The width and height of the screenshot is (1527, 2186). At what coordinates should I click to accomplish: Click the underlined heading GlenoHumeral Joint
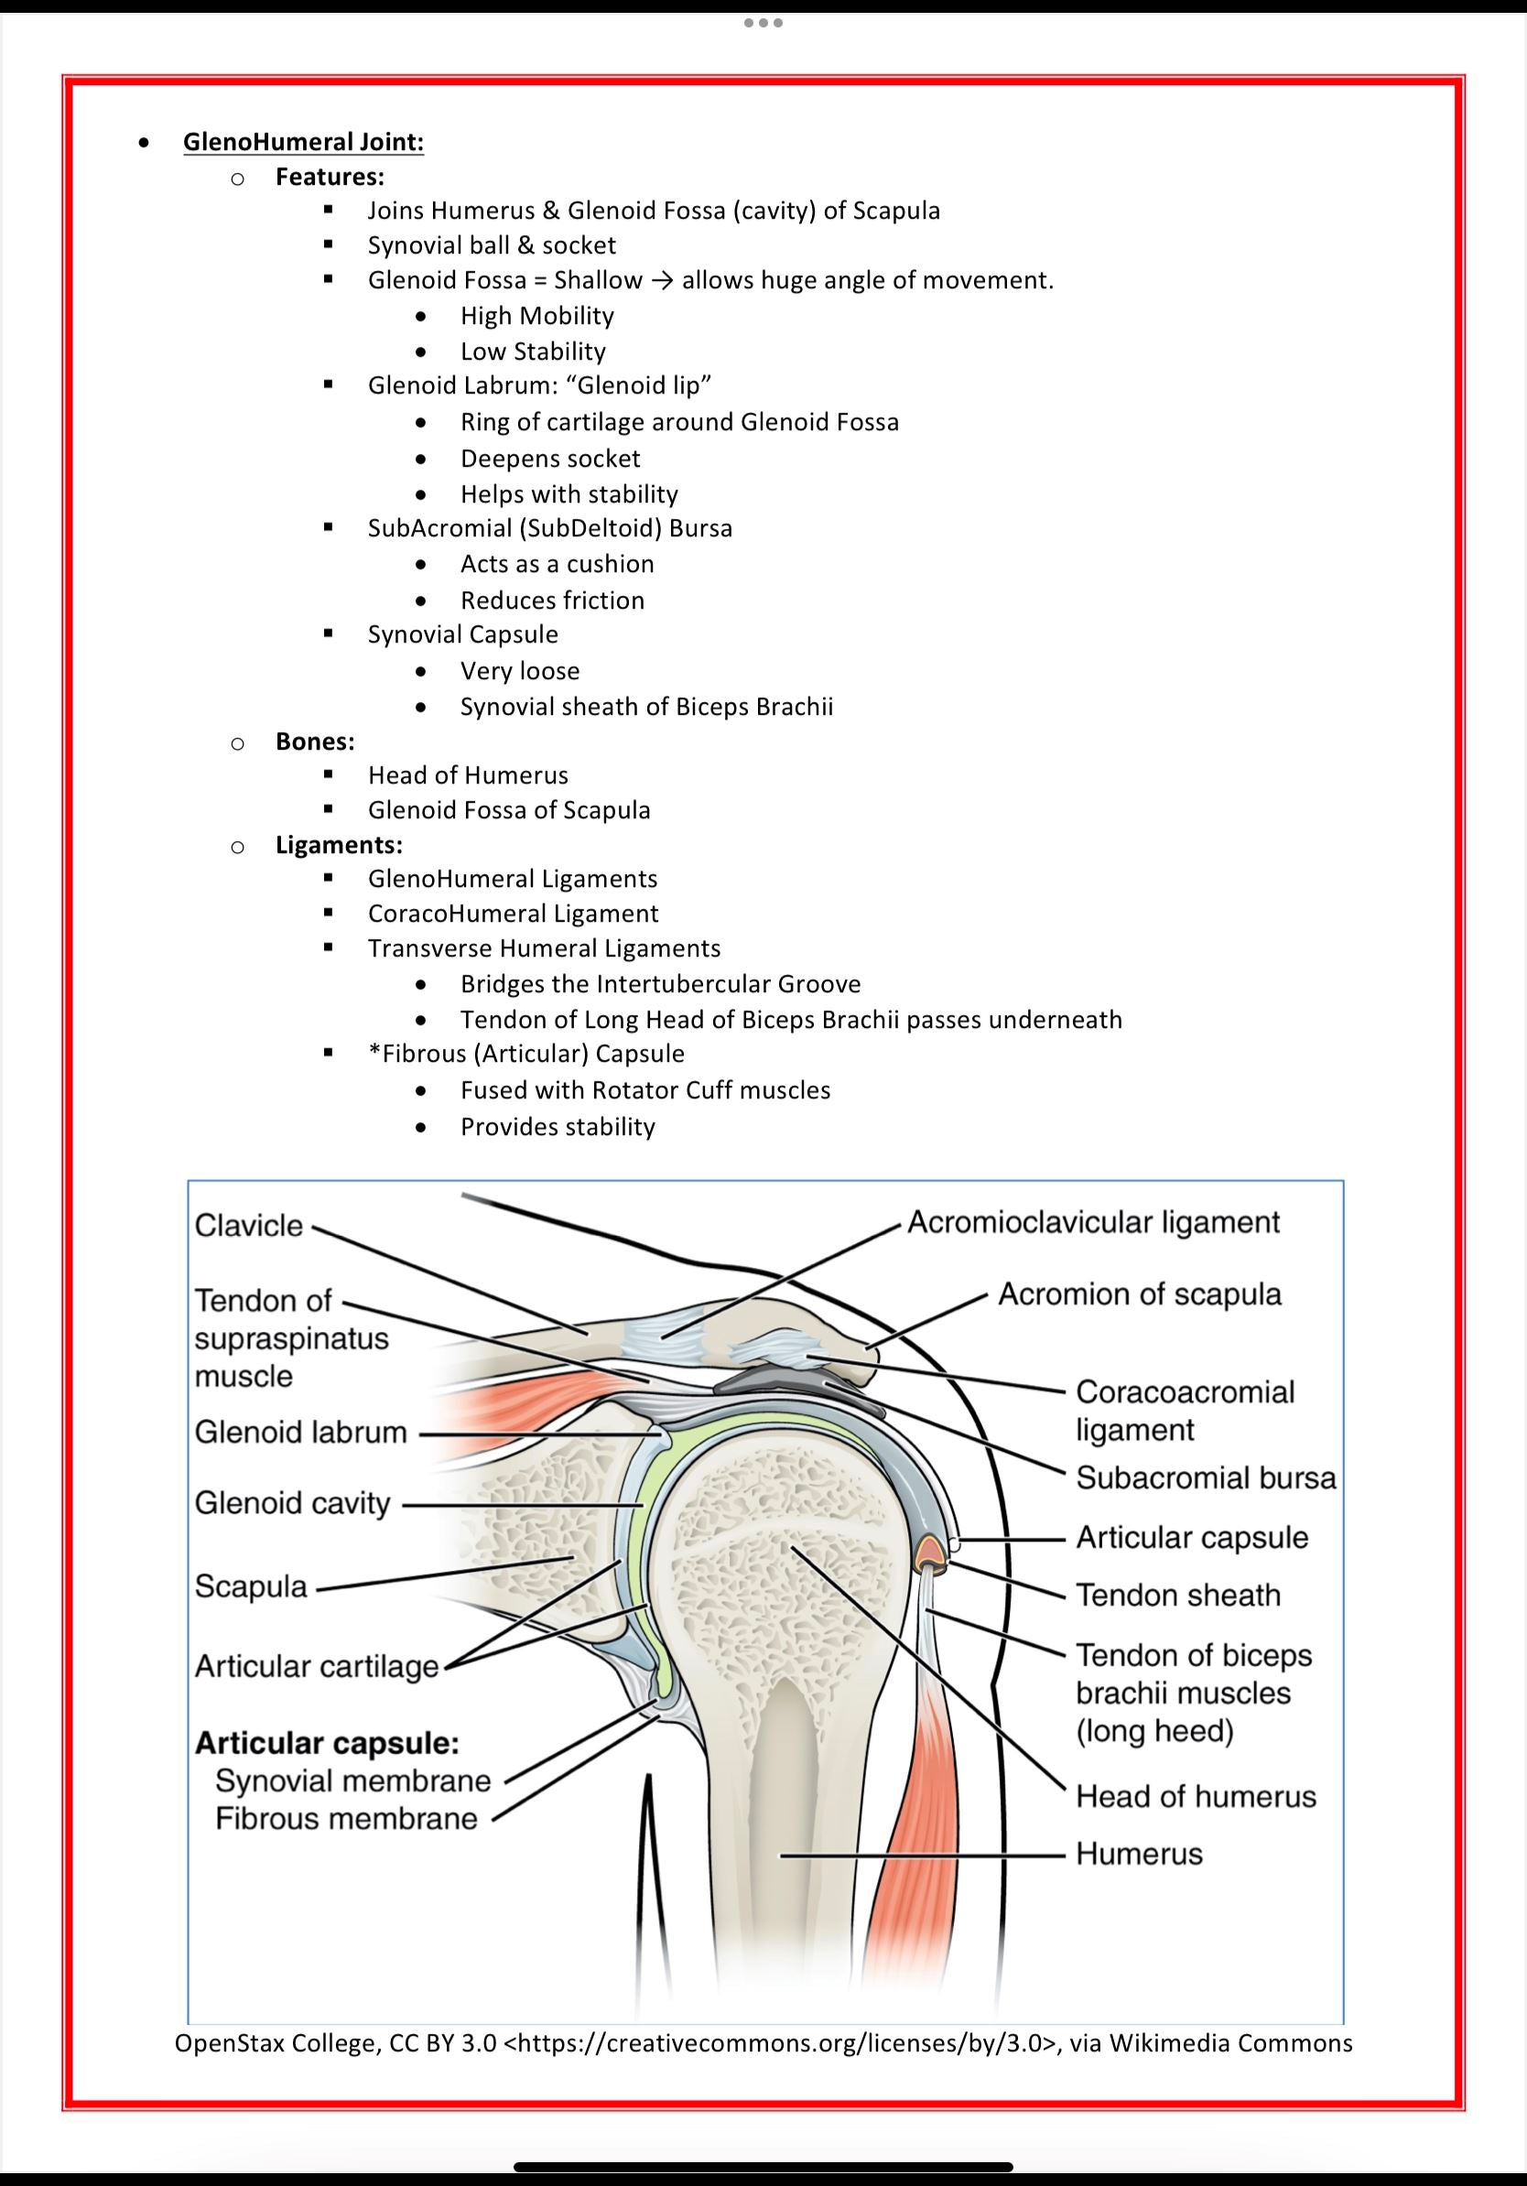[x=303, y=142]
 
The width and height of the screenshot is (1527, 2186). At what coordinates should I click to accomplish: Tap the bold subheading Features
[x=330, y=177]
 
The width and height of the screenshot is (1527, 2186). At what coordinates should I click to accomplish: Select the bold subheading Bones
[x=315, y=741]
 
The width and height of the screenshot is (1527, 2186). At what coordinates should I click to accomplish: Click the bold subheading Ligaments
[x=339, y=845]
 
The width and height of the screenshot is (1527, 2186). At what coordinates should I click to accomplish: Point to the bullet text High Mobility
[x=537, y=316]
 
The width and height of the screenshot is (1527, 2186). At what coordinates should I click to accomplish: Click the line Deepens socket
[x=550, y=459]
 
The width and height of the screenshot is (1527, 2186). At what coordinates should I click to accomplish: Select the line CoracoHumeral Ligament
[x=514, y=914]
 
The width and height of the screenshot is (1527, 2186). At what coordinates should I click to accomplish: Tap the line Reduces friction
[x=552, y=601]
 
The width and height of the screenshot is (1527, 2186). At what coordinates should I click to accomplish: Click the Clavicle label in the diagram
[x=248, y=1226]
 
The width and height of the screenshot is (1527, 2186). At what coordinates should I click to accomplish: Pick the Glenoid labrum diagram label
[x=301, y=1432]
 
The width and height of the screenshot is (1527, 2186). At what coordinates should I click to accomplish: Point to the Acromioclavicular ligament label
[x=1093, y=1222]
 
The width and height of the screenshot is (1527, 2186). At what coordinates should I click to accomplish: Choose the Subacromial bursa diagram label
[x=1206, y=1477]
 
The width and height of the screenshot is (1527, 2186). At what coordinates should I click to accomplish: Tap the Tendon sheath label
[x=1177, y=1595]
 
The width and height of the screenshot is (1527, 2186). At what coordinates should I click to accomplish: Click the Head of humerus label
[x=1196, y=1797]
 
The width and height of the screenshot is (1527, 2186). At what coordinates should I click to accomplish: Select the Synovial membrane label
[x=352, y=1780]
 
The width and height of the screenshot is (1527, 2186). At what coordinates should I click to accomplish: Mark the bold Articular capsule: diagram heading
[x=327, y=1743]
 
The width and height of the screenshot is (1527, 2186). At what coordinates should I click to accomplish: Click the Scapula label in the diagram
[x=252, y=1586]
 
